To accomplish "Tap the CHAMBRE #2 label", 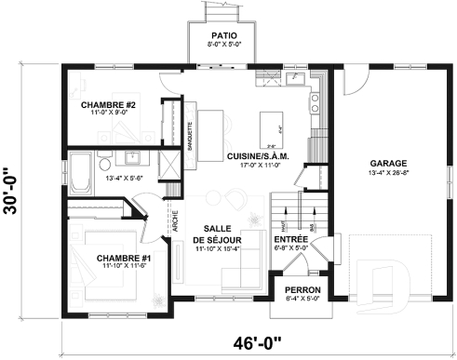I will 109,103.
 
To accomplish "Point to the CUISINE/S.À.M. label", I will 258,156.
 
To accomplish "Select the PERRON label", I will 304,289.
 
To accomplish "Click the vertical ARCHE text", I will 176,224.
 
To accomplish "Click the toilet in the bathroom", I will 129,155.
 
